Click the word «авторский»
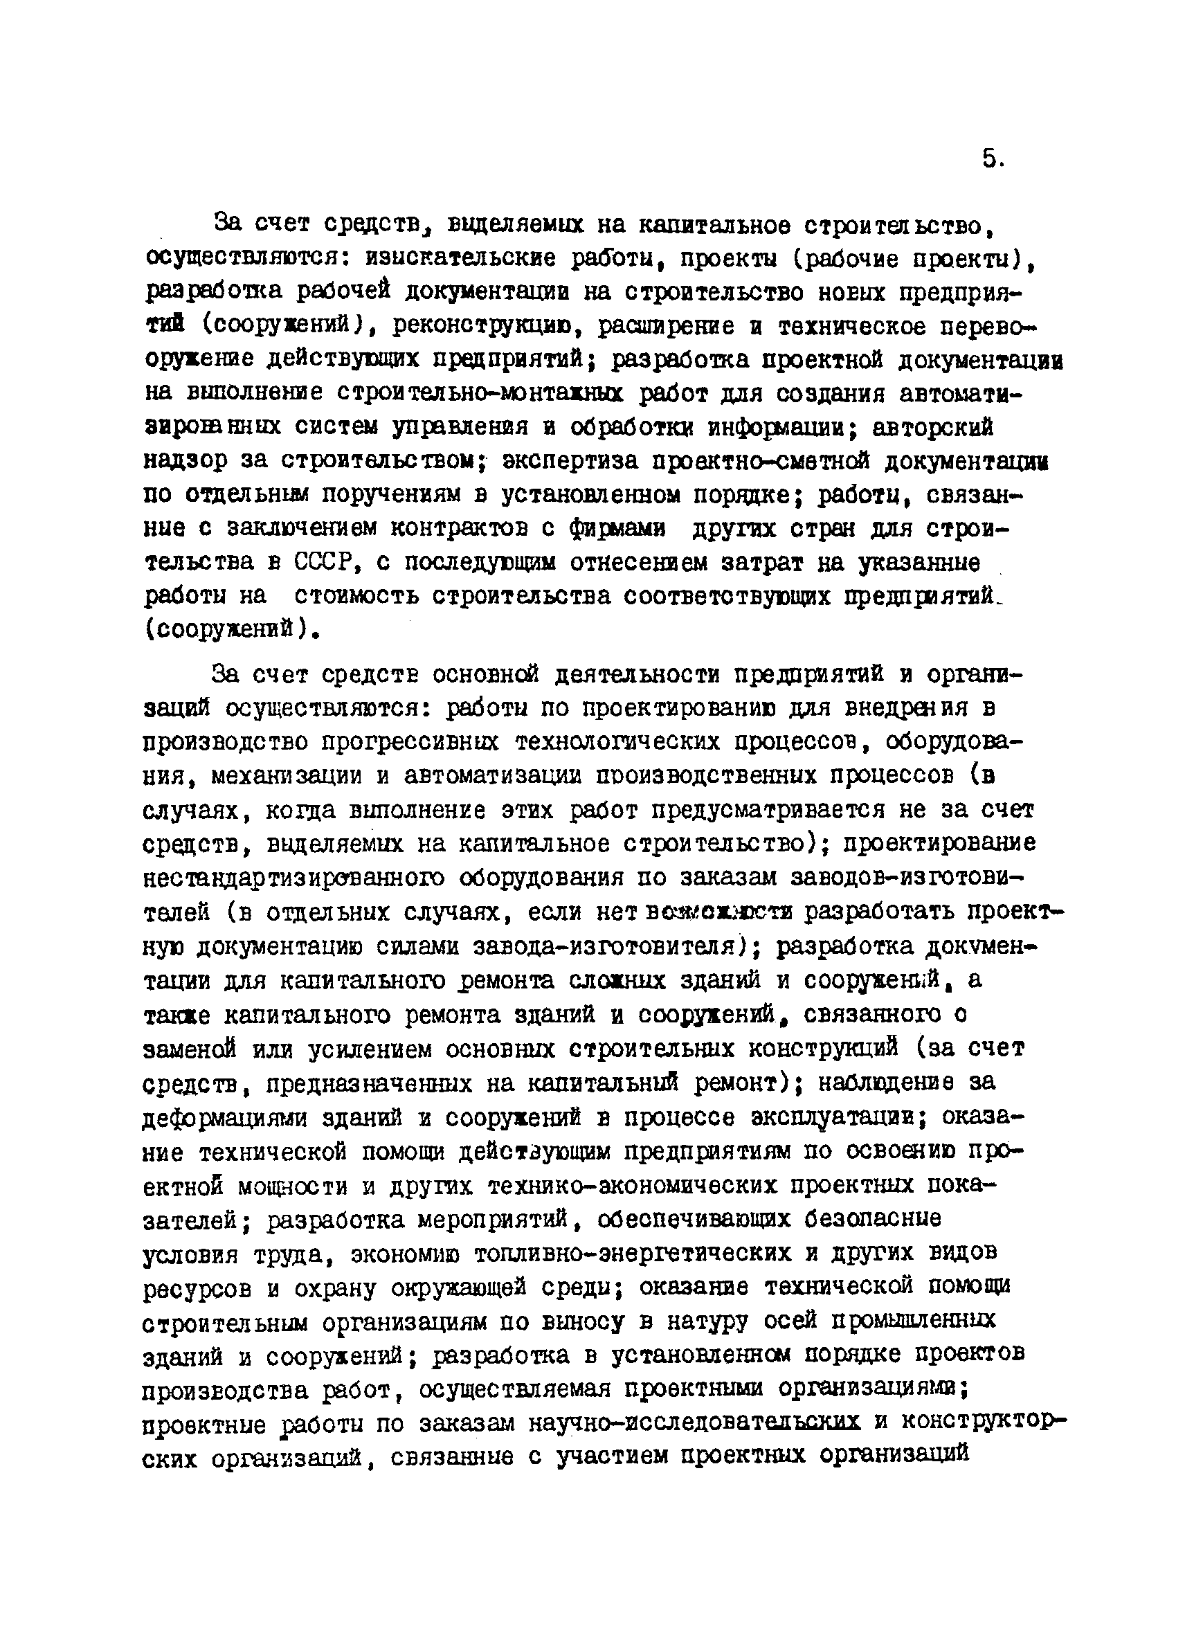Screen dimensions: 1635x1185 933,428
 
